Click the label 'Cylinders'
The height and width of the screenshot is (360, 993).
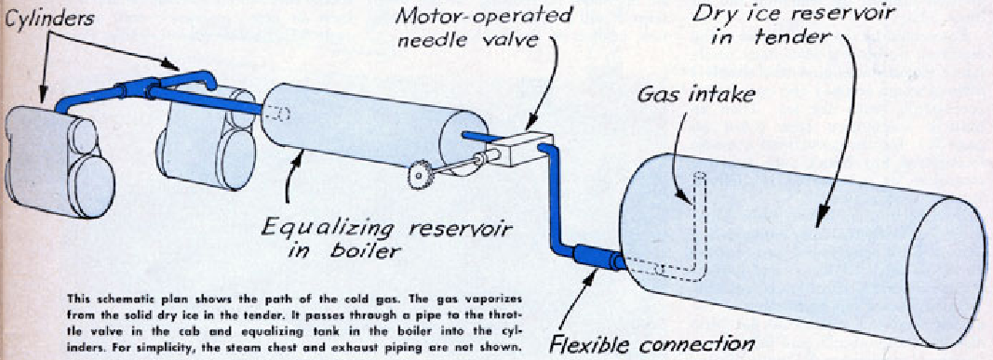click(x=47, y=17)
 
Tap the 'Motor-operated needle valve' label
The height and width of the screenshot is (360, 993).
click(x=483, y=27)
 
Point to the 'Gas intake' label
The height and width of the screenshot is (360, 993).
click(x=695, y=96)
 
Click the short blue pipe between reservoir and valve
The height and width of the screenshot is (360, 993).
click(x=479, y=136)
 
